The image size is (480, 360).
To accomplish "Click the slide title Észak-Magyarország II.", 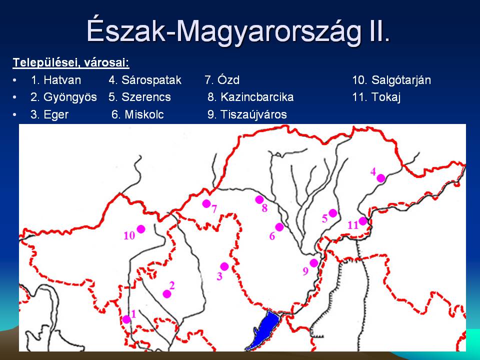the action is [238, 31].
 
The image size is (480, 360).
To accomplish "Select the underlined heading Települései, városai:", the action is [71, 63].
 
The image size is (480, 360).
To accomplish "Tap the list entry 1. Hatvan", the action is [56, 80].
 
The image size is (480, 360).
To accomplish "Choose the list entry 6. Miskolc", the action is [137, 114].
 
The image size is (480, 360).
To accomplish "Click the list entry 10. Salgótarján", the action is [391, 80].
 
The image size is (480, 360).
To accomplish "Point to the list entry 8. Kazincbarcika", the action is [250, 97].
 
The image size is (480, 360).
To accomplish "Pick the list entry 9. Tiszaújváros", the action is [247, 114].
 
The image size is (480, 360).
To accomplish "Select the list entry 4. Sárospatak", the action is [145, 80].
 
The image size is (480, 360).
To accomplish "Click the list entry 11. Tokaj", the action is [376, 97].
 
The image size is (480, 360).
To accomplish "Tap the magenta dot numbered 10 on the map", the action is [141, 228].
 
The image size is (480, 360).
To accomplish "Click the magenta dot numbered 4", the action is [381, 178].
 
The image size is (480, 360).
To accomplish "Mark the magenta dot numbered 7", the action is [206, 203].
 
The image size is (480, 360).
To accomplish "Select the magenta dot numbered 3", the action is [224, 266].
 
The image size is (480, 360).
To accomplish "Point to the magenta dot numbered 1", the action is [126, 319].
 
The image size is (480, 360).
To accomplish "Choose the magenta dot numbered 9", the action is [314, 262].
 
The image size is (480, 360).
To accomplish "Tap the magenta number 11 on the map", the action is [353, 225].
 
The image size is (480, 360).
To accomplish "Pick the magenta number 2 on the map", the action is [171, 285].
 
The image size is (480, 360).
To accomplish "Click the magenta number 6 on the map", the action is [272, 236].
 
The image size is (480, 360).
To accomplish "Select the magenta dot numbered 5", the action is [333, 213].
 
